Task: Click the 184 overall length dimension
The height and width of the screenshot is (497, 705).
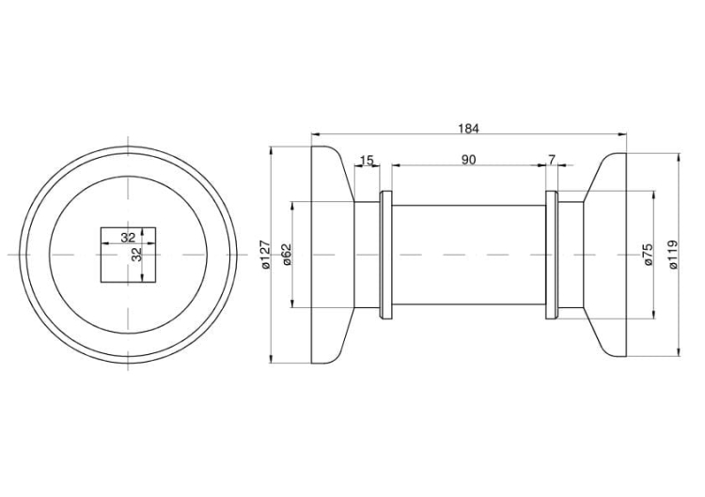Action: point(468,128)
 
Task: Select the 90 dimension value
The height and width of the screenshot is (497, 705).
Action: point(468,160)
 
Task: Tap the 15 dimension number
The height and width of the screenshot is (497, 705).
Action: point(367,160)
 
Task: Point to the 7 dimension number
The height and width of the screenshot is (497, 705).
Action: point(551,160)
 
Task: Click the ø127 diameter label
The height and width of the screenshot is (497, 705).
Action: point(265,255)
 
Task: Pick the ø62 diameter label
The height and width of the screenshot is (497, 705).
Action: point(288,255)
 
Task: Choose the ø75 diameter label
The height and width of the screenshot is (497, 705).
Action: point(649,255)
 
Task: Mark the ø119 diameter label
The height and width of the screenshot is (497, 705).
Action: point(673,255)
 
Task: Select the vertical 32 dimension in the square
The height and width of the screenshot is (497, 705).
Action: point(136,255)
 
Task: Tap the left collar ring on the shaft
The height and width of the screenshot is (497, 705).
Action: point(384,255)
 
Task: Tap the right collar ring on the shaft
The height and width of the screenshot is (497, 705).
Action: point(551,255)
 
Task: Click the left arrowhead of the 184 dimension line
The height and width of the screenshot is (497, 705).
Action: point(314,134)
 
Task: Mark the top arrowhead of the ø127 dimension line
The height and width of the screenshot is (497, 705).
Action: point(271,150)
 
